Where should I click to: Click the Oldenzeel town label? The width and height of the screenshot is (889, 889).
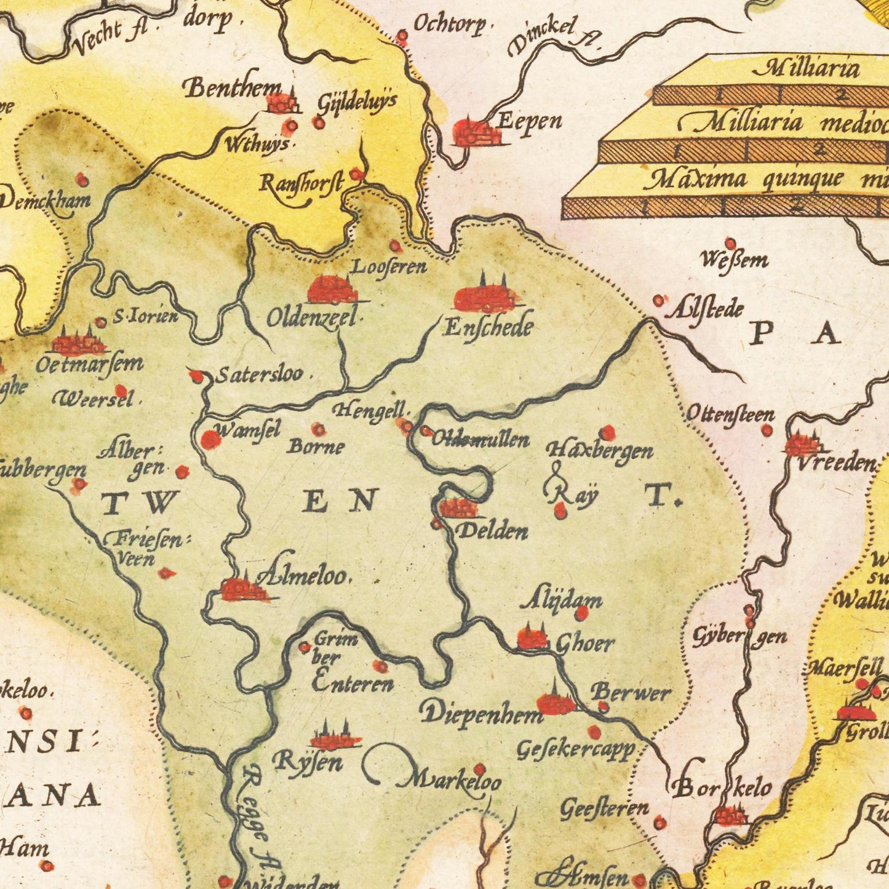click(x=312, y=318)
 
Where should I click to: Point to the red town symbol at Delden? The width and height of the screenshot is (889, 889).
click(x=458, y=508)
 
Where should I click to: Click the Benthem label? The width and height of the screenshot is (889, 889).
click(x=233, y=89)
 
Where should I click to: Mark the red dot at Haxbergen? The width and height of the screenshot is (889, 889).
click(x=607, y=433)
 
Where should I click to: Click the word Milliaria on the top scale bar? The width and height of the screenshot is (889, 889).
click(x=805, y=68)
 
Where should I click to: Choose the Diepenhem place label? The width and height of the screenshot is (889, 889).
click(x=481, y=712)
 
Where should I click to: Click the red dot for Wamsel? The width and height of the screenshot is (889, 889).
click(x=210, y=439)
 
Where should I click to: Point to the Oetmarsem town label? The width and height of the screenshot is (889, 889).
click(x=89, y=364)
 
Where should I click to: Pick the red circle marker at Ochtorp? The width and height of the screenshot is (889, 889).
click(x=402, y=37)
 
